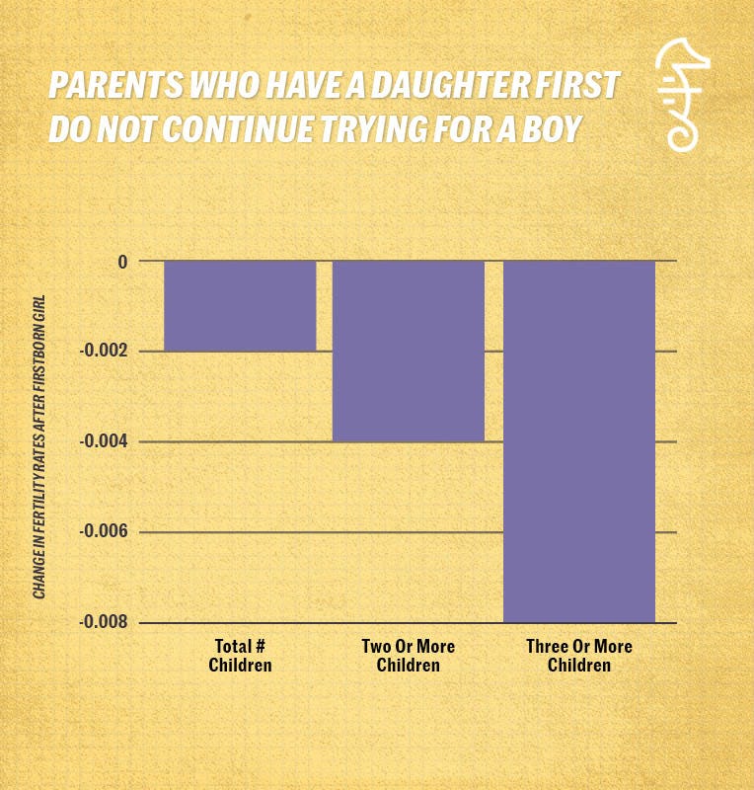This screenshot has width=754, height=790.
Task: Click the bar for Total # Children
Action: click(x=240, y=306)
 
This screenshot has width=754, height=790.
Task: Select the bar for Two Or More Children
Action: click(x=409, y=351)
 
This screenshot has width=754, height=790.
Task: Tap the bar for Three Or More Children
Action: click(x=579, y=441)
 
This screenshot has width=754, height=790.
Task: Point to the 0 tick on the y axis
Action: click(x=122, y=262)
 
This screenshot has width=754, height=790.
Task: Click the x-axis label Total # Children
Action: click(x=240, y=656)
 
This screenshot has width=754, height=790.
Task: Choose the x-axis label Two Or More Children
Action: click(x=409, y=656)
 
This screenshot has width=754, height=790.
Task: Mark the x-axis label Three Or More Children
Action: click(x=579, y=656)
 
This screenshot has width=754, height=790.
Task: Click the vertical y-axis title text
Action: click(x=40, y=445)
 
